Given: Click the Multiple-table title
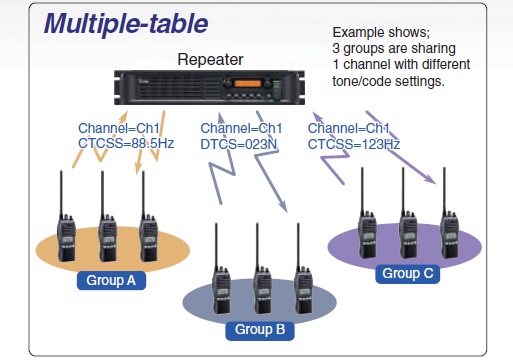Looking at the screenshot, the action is pyautogui.click(x=126, y=24).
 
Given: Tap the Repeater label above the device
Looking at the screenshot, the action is pyautogui.click(x=210, y=60).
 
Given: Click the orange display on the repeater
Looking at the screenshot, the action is pyautogui.click(x=247, y=83).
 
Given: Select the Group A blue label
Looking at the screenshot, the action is pyautogui.click(x=111, y=280).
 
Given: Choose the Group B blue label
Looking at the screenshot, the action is pyautogui.click(x=260, y=330).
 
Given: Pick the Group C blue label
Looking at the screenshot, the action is pyautogui.click(x=408, y=274).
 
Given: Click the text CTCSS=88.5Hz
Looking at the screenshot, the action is pyautogui.click(x=126, y=143).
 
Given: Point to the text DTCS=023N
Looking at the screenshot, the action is pyautogui.click(x=239, y=144).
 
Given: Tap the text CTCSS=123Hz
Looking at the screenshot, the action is pyautogui.click(x=354, y=144).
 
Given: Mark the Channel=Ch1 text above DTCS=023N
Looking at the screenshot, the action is pyautogui.click(x=241, y=128).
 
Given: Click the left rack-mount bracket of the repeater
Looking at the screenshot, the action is pyautogui.click(x=119, y=88).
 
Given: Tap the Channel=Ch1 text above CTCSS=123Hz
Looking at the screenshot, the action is pyautogui.click(x=348, y=128).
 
